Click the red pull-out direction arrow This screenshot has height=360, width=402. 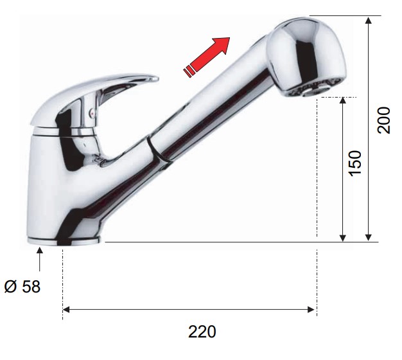point(207,57)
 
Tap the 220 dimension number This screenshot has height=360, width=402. point(202,332)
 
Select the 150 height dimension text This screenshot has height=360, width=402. point(355,163)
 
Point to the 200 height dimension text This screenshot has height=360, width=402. point(383,120)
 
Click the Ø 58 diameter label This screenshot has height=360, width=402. point(22,286)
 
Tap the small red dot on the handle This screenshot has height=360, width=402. point(92,112)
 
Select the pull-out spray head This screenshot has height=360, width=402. point(306,57)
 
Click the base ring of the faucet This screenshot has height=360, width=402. point(63,241)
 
